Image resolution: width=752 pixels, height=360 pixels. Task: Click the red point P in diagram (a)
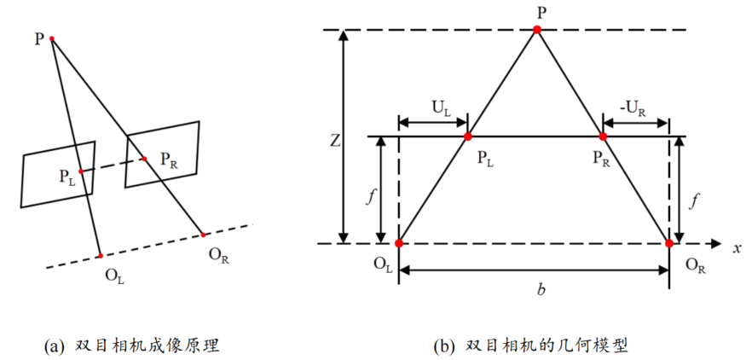[x=53, y=39]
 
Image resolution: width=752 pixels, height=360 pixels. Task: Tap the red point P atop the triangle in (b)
[x=537, y=30]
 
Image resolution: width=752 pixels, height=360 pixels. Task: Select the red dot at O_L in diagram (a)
[x=101, y=255]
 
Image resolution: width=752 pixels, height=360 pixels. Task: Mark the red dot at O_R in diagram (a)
[x=203, y=233]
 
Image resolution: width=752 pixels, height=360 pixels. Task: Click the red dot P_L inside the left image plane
[x=80, y=171]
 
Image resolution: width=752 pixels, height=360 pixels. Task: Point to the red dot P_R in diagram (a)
[x=143, y=158]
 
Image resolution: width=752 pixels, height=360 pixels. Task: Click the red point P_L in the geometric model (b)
[x=467, y=136]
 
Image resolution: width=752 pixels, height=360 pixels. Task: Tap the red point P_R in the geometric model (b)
[x=604, y=136]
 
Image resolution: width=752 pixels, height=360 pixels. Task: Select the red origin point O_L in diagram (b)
[x=399, y=243]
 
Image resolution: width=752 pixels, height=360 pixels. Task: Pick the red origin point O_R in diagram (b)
[x=669, y=243]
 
